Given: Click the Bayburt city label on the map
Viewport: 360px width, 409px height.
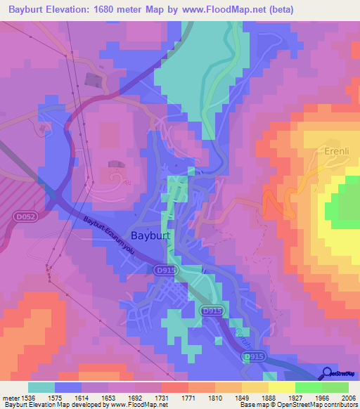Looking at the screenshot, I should click(152, 236).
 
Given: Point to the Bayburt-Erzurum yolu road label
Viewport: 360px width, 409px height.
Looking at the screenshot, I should click(108, 234).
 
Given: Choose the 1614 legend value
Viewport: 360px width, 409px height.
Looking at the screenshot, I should click(79, 397).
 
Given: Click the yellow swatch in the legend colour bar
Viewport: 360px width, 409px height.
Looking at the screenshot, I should click(281, 387).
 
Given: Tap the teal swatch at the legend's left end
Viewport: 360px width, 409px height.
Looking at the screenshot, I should click(41, 387).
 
